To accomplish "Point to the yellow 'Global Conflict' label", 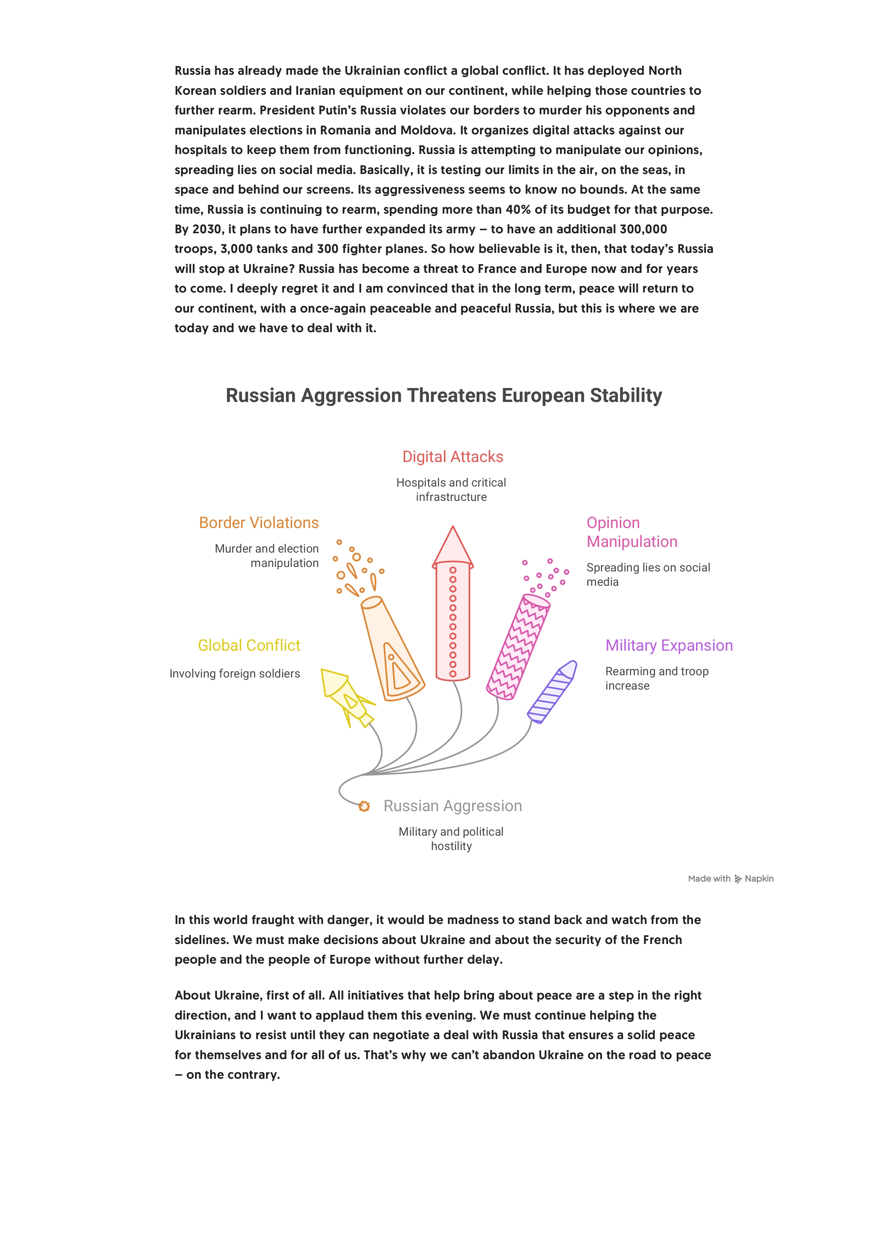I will [249, 645].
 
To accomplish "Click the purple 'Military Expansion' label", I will [668, 645].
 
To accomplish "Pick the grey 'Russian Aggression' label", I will [453, 806].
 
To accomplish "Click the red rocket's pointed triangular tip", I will [453, 547].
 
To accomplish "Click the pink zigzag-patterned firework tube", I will [518, 648].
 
